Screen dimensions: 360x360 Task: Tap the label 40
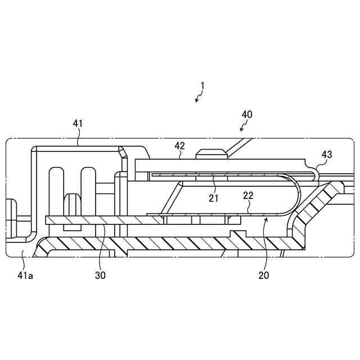click(x=247, y=114)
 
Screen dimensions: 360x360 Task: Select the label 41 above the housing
click(x=78, y=122)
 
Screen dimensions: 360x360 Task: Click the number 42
click(x=179, y=145)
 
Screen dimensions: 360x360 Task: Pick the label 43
click(x=327, y=154)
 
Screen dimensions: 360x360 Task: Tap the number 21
click(x=214, y=197)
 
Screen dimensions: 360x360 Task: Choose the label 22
click(x=247, y=195)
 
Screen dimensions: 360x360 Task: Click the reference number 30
click(x=100, y=275)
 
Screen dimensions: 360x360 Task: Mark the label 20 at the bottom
click(x=263, y=275)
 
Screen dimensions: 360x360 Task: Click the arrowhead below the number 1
click(x=196, y=101)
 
